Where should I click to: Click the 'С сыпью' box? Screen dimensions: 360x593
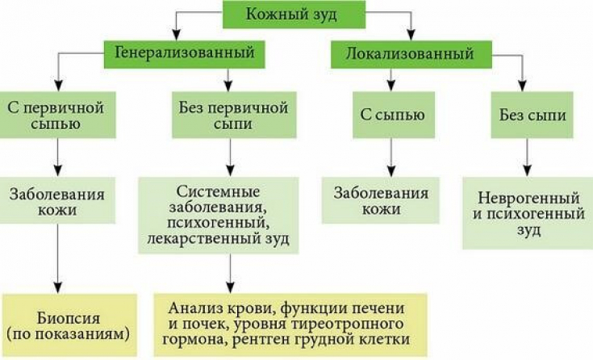[391, 115]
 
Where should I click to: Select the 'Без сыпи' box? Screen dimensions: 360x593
[528, 115]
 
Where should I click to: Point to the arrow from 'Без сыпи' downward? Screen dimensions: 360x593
[528, 157]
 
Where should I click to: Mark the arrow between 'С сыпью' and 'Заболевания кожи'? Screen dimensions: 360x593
[391, 157]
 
